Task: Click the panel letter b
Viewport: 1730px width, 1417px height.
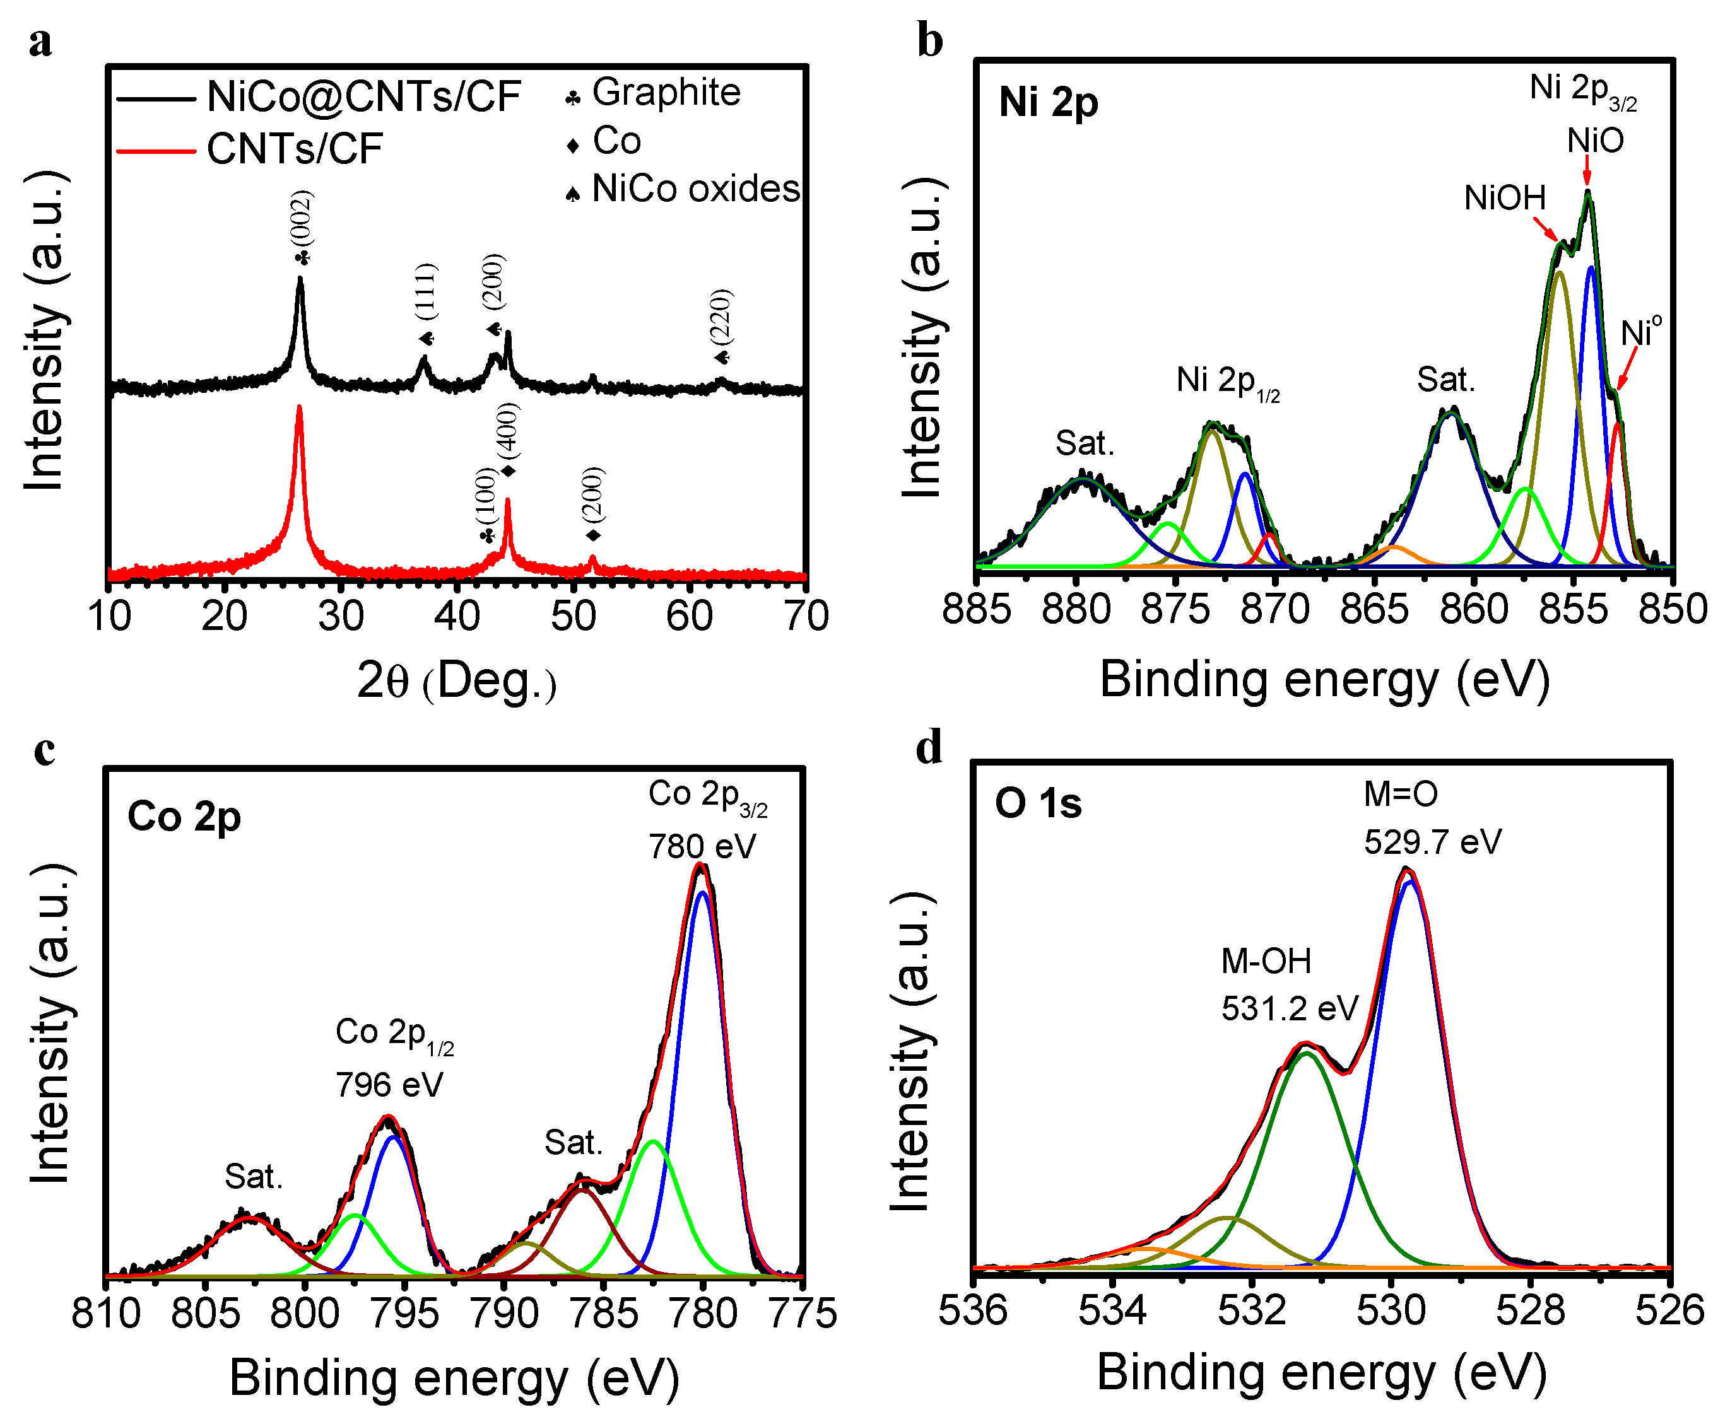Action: [930, 41]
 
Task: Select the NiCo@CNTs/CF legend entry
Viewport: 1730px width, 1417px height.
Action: [363, 96]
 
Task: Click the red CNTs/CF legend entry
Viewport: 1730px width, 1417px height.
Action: [294, 149]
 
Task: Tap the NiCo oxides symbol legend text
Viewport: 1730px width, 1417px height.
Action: [695, 189]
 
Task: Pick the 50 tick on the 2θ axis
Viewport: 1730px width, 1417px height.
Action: [573, 616]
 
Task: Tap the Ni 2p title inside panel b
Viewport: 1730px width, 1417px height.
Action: [1049, 103]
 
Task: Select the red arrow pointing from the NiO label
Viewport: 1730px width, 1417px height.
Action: [1587, 172]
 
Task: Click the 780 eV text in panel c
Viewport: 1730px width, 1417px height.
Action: [702, 846]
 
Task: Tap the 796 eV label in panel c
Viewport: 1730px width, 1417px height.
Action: [389, 1085]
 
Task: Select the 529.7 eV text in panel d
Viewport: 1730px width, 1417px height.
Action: [1432, 841]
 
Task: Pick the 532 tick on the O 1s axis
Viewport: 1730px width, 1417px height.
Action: [1252, 1309]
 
